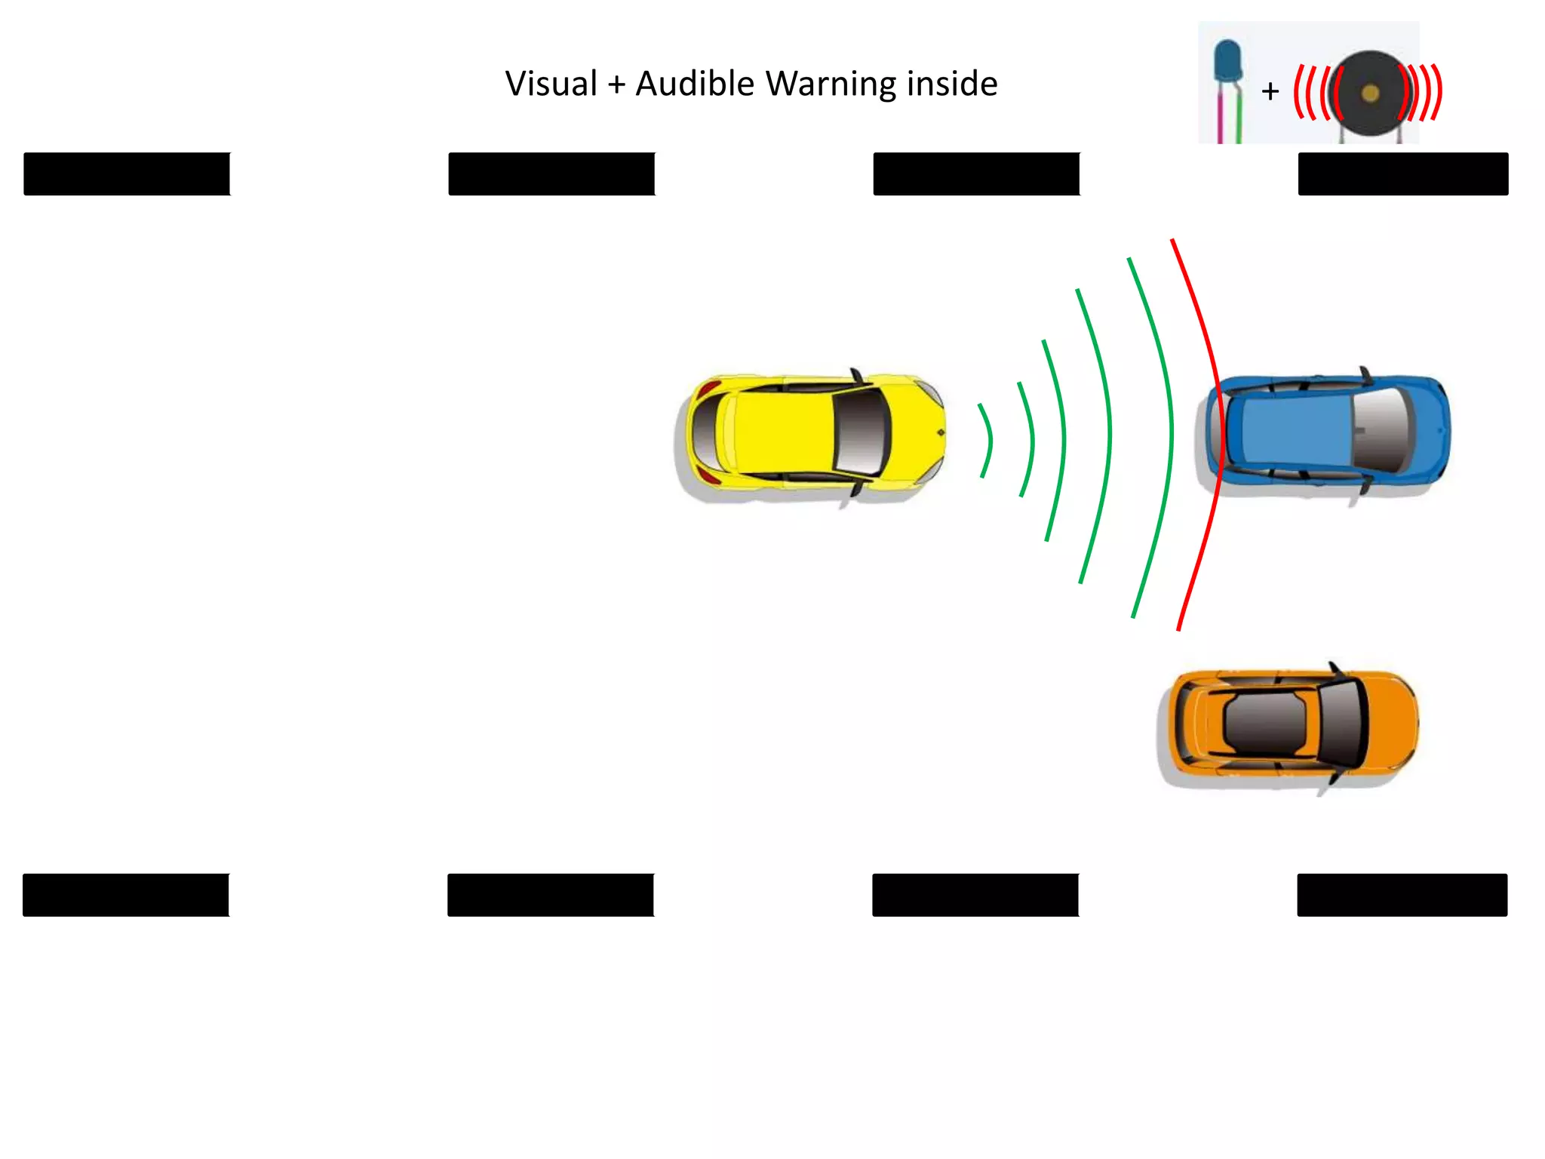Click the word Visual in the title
click(x=551, y=84)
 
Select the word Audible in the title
click(x=695, y=84)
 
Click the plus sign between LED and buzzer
click(x=1270, y=92)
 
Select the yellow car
click(x=810, y=433)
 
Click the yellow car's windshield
click(x=862, y=433)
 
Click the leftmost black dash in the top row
click(x=127, y=174)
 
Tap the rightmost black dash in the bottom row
click(x=1402, y=895)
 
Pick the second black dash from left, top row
click(x=551, y=174)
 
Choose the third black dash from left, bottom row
click(x=975, y=895)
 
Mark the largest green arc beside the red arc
click(x=1171, y=434)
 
